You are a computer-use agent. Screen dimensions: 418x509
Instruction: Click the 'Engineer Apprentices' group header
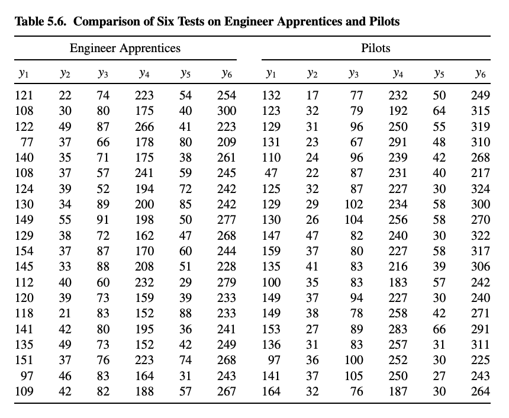click(125, 48)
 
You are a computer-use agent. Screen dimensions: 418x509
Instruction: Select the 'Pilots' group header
click(376, 48)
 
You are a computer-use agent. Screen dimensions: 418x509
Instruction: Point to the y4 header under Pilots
click(398, 75)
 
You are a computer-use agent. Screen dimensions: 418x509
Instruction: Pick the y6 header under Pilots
click(480, 75)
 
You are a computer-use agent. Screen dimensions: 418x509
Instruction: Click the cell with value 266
click(144, 126)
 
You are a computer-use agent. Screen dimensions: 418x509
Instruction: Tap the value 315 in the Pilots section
click(480, 111)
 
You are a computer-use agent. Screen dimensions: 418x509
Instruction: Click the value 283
click(398, 329)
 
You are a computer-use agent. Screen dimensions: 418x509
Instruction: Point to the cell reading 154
click(24, 251)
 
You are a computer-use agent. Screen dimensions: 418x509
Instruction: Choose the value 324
click(480, 189)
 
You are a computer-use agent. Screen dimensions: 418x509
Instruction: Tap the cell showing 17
click(312, 95)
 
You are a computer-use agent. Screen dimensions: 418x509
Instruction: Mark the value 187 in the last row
click(398, 391)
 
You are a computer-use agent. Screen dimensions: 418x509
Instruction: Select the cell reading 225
click(480, 360)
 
